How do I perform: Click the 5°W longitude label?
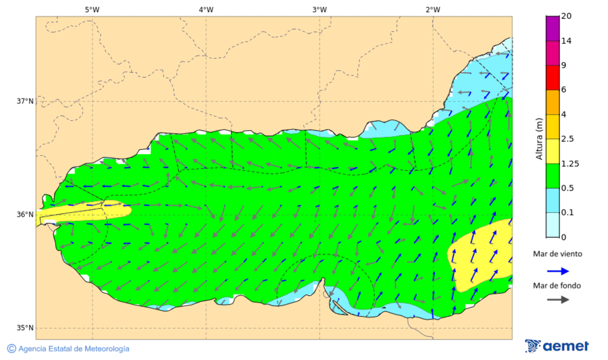(93, 9)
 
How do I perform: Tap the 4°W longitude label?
(206, 9)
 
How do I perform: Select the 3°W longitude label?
(320, 9)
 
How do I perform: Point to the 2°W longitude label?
(433, 9)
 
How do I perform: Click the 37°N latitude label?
(25, 101)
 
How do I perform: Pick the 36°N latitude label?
(25, 215)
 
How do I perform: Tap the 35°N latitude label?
(25, 328)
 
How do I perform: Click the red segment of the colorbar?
(553, 78)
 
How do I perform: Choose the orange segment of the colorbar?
(553, 102)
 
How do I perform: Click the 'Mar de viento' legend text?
(557, 254)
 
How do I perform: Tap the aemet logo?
(557, 346)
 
